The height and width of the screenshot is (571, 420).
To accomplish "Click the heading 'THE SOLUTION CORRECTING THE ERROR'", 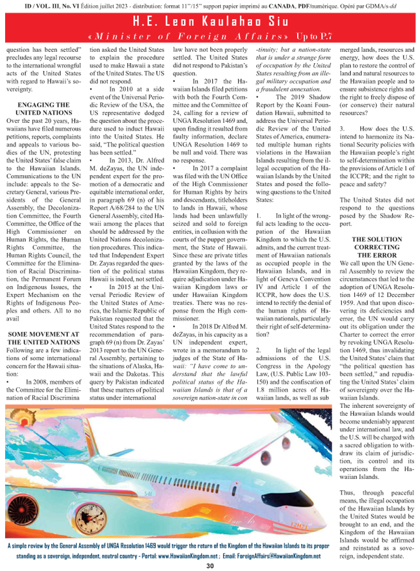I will coord(376,247).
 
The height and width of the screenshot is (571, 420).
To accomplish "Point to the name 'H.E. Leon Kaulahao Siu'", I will coord(210,22).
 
